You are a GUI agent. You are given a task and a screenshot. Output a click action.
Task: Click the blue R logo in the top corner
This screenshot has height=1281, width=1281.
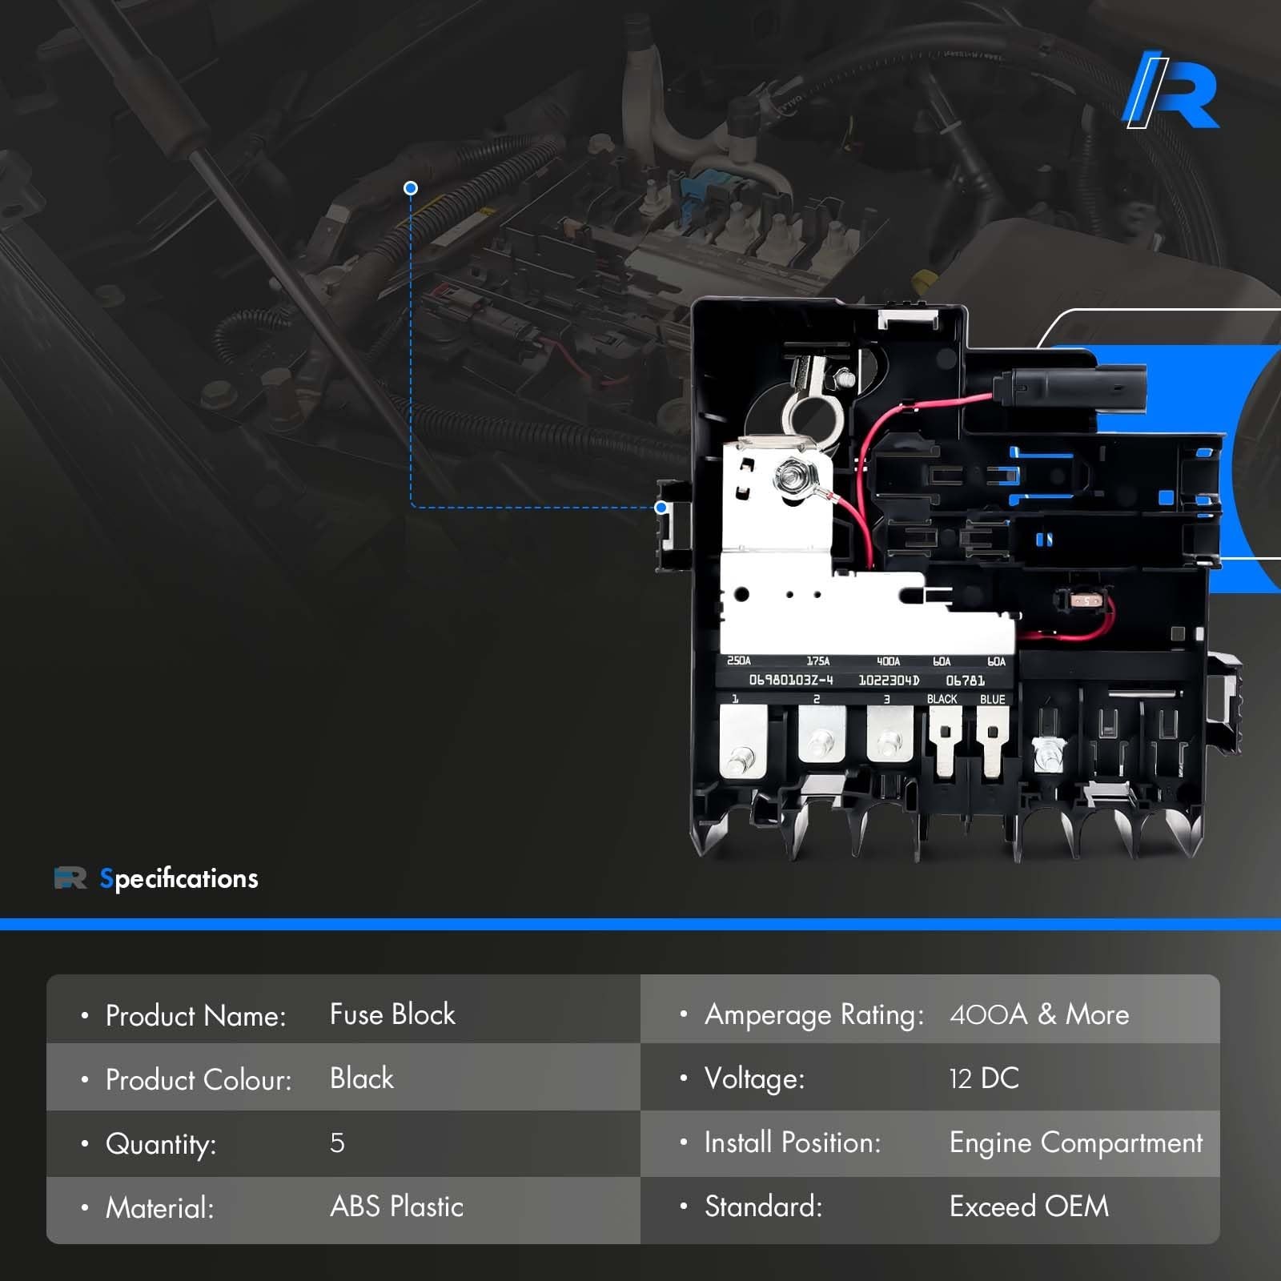(1171, 90)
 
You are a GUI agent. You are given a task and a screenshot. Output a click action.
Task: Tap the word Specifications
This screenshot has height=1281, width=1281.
(179, 879)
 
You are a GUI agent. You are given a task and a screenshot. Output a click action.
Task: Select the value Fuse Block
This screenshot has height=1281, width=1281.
(392, 1015)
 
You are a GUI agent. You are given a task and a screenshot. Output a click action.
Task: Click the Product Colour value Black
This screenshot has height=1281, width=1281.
(362, 1079)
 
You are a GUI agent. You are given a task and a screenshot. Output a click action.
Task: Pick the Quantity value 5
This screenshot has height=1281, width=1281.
(337, 1143)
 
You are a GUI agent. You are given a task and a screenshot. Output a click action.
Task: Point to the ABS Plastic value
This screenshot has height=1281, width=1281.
(397, 1207)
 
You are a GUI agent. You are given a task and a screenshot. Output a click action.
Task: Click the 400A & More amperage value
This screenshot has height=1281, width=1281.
(1039, 1015)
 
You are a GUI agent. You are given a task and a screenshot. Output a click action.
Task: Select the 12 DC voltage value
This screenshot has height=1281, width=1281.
(984, 1079)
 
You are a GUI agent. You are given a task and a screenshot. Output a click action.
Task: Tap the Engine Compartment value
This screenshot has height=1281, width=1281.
(1076, 1143)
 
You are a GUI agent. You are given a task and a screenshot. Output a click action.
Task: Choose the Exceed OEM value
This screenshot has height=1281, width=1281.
(1030, 1207)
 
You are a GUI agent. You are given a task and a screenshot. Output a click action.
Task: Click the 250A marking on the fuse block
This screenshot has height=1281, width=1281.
(738, 661)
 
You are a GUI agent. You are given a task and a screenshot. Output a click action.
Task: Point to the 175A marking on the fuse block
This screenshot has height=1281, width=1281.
(817, 661)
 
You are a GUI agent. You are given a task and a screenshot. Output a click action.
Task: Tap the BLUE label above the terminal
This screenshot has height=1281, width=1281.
(992, 700)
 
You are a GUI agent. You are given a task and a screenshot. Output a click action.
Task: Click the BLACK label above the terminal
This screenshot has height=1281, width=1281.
(942, 700)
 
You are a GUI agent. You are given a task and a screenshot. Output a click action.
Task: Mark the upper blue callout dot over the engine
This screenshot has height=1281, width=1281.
(411, 188)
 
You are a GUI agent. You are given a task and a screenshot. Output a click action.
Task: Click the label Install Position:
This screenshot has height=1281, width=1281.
(792, 1143)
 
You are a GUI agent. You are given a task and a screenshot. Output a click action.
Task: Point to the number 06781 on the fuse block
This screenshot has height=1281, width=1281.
(965, 681)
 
